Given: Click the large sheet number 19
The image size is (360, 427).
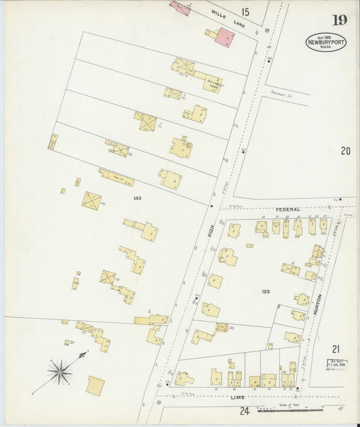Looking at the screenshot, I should (339, 20).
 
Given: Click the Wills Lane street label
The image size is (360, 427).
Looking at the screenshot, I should (227, 18).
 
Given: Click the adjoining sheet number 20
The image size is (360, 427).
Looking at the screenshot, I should (346, 151).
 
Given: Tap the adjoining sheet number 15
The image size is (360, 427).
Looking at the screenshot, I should (245, 11).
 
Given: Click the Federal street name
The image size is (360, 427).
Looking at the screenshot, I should (286, 209).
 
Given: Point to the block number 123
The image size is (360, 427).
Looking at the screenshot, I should (265, 291).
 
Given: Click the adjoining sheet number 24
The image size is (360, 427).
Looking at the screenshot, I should (244, 411).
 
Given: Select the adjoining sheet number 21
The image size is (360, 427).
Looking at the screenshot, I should (336, 349).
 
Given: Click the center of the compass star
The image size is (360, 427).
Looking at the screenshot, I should (60, 370).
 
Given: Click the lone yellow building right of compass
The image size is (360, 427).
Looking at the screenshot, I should (96, 386).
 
